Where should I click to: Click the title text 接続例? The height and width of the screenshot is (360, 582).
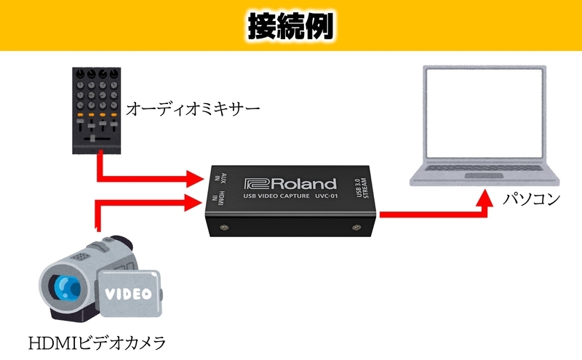point(290,26)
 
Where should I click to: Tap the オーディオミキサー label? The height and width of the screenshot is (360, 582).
point(192,110)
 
